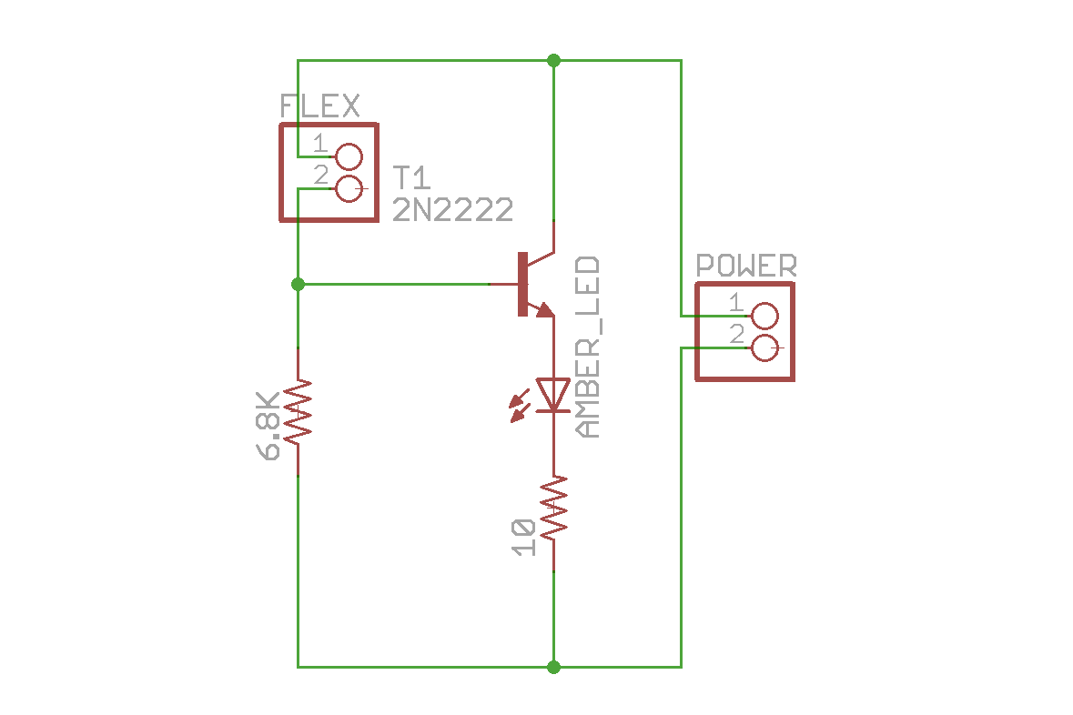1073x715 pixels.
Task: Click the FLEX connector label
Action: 319,106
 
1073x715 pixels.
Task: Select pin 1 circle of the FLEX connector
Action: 349,157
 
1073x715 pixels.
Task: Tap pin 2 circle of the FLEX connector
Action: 349,189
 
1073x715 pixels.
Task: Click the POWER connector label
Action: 746,266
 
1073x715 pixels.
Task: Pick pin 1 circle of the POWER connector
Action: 765,316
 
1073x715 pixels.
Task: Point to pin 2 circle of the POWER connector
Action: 765,347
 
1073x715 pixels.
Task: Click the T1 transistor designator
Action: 411,177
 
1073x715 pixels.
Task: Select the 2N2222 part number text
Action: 452,210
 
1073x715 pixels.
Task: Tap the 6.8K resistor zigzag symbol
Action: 298,411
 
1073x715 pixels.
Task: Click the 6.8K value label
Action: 269,427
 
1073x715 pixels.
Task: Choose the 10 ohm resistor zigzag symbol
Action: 553,509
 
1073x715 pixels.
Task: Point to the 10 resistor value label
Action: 523,537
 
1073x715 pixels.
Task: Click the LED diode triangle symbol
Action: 553,395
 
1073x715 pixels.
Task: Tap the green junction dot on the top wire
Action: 553,60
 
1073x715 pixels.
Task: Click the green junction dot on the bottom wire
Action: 553,667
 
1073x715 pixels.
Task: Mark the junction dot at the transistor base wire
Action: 298,284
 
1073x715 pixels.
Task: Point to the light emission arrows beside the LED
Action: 520,406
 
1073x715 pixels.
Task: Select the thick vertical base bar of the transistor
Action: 521,284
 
